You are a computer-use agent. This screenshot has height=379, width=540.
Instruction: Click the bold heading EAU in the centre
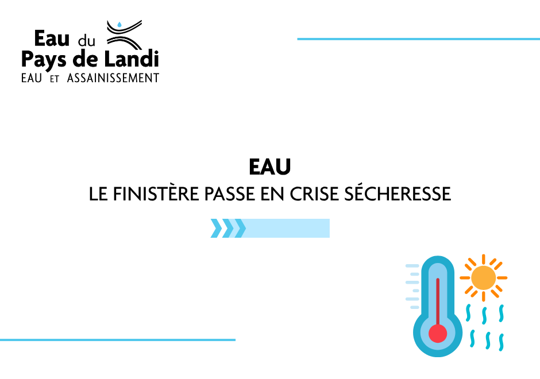tap(270, 167)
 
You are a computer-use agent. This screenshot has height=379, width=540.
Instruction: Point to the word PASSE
tap(229, 194)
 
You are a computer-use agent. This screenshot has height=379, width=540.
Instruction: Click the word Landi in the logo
tap(132, 59)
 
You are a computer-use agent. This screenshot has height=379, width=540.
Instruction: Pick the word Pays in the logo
tap(44, 60)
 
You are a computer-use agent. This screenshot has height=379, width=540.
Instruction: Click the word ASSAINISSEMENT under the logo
tap(113, 78)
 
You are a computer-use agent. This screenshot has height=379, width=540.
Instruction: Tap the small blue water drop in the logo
tap(119, 25)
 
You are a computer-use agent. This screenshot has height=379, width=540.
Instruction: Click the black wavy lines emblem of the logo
tap(124, 35)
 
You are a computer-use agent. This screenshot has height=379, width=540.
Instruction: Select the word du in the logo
tap(86, 41)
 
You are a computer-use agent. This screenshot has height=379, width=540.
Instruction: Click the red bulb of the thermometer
tap(438, 334)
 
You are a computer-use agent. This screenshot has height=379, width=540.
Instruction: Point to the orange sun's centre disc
tap(484, 278)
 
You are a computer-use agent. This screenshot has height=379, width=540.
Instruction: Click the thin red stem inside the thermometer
tap(438, 301)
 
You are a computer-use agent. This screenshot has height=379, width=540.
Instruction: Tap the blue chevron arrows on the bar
tap(228, 228)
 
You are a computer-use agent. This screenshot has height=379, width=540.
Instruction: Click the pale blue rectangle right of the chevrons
tap(287, 228)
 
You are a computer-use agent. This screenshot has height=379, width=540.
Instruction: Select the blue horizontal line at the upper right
tap(418, 39)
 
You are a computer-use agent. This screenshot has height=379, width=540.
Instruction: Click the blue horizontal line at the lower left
tap(118, 340)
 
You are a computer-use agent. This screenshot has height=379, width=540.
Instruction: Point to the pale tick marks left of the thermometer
tap(412, 287)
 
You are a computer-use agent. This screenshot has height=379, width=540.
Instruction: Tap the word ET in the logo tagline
tap(55, 79)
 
